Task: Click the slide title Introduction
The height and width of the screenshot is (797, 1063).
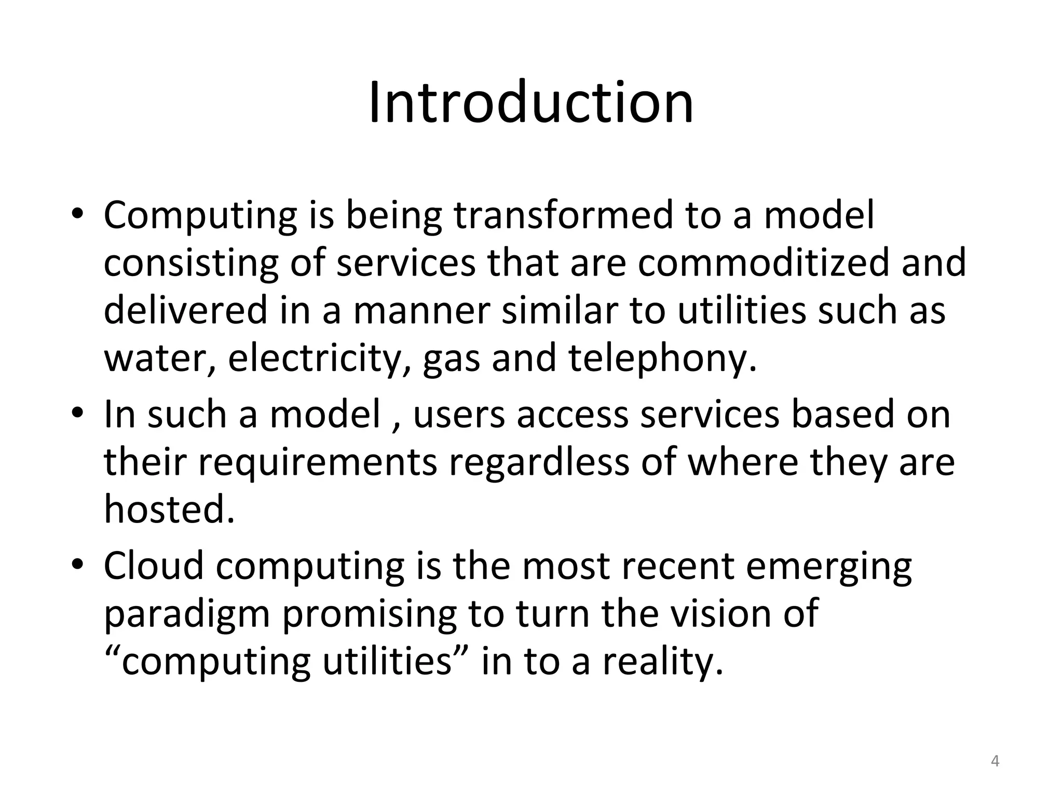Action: point(530,102)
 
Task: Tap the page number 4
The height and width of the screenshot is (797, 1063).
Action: point(995,761)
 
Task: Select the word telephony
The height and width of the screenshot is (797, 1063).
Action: point(662,359)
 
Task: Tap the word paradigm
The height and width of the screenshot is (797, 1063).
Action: point(187,614)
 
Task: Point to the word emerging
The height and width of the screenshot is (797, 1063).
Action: point(828,567)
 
